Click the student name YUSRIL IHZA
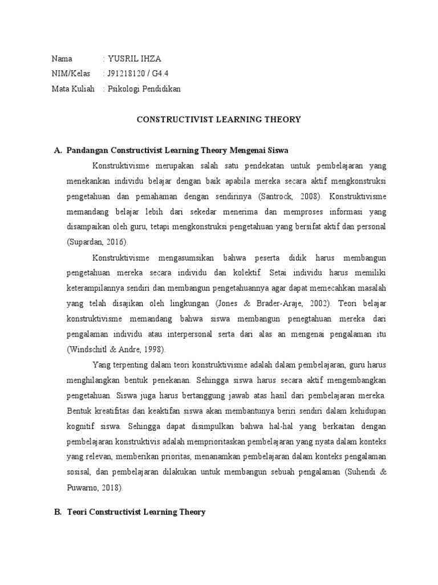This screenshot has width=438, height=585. [x=132, y=58]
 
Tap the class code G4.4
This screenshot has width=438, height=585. [x=164, y=73]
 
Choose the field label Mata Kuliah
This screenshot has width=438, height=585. [x=73, y=89]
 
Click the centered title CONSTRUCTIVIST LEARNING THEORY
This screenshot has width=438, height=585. [x=218, y=119]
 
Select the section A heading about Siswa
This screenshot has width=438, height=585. [x=177, y=150]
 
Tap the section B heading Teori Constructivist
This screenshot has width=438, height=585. [x=136, y=512]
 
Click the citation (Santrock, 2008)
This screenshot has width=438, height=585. [x=290, y=196]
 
